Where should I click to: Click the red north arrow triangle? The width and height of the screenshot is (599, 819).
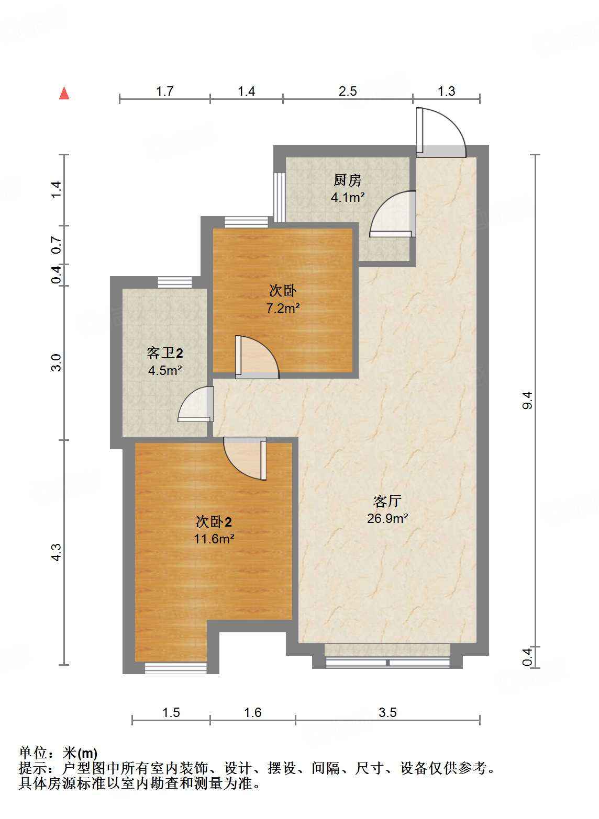[64, 94]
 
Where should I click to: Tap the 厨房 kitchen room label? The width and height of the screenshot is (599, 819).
[348, 180]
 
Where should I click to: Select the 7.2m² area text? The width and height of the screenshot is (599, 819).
[283, 308]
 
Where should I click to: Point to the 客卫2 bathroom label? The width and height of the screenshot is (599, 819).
[165, 354]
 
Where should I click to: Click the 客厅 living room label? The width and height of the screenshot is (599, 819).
[387, 501]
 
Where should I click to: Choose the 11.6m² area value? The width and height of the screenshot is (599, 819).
[214, 538]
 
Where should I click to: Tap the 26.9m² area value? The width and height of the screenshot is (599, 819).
[387, 518]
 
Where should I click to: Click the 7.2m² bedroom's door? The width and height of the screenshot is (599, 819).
[256, 357]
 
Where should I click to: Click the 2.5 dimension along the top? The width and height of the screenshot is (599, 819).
[348, 92]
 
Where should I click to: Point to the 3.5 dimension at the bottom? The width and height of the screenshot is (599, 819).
[387, 712]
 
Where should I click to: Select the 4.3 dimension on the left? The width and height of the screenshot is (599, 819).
[57, 552]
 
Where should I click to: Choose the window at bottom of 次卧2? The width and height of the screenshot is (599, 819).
[175, 668]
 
